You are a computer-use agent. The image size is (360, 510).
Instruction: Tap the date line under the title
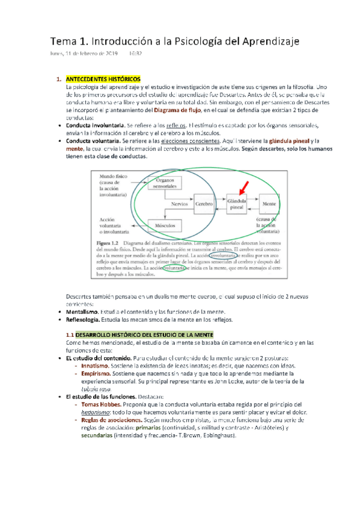[96, 54]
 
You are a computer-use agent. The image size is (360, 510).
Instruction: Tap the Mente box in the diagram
[269, 204]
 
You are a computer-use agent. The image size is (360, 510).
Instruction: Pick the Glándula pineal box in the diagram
[236, 204]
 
